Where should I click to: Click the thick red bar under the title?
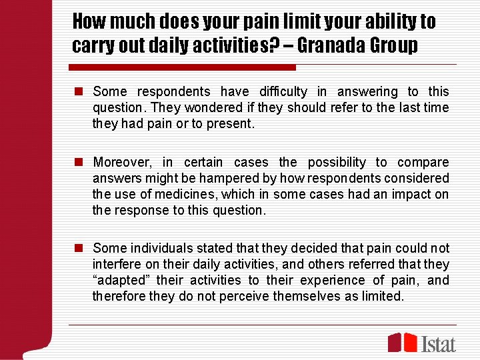coord(183,67)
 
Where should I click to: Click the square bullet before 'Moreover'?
coord(79,163)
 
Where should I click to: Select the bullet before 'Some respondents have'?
coord(79,92)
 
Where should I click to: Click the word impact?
coord(413,195)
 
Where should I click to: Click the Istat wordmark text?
coord(438,343)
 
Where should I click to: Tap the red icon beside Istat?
coord(403,342)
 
